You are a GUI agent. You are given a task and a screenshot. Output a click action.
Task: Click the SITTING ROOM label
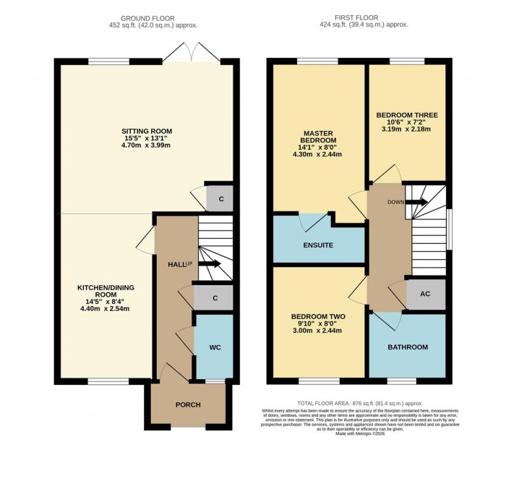[x=147, y=131]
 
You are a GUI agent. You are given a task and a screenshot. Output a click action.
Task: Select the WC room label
[x=215, y=347]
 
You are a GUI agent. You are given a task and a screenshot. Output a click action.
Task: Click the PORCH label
[x=189, y=404]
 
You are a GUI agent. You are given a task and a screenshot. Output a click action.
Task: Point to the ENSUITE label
[x=319, y=245]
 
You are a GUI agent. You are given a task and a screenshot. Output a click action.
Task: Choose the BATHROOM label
[x=408, y=347]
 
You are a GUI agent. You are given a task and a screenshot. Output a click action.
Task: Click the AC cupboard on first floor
[x=425, y=295]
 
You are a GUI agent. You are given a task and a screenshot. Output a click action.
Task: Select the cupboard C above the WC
[x=215, y=297]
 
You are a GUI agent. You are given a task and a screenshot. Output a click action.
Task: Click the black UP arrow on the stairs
[x=209, y=264]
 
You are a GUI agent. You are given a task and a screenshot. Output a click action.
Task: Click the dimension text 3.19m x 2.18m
[x=406, y=130]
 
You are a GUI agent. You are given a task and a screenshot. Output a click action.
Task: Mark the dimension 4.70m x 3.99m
[x=147, y=145]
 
